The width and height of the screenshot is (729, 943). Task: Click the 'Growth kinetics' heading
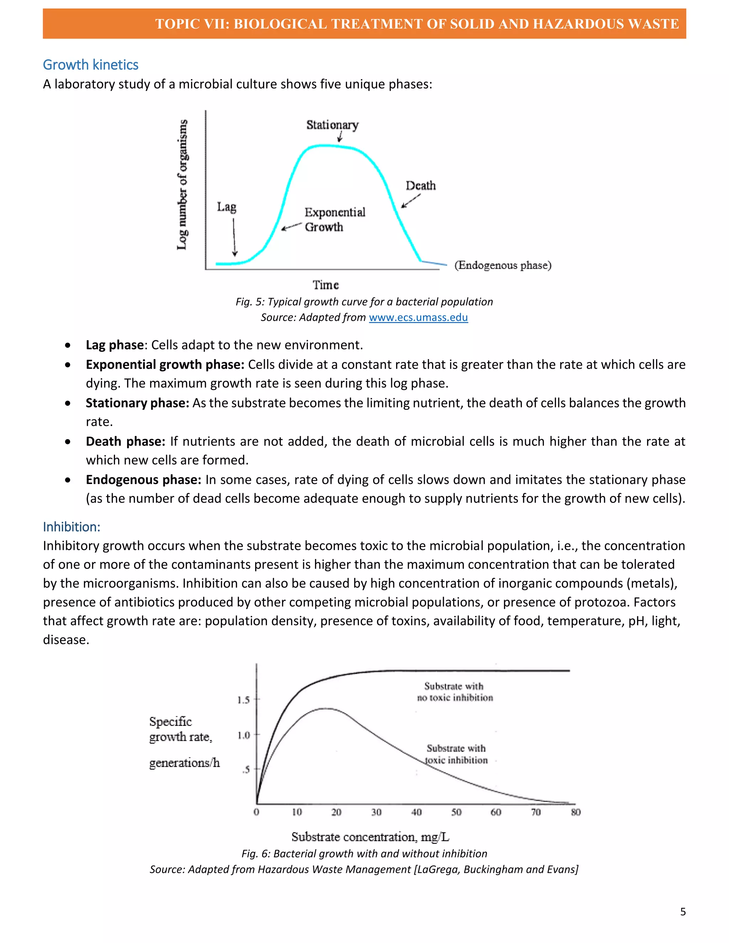click(x=90, y=65)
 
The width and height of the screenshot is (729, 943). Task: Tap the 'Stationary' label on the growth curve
click(x=332, y=125)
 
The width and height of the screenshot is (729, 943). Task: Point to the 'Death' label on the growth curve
click(x=420, y=186)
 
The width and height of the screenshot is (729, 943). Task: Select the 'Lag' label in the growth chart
click(x=226, y=207)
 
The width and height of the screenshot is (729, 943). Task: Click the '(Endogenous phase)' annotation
click(x=503, y=265)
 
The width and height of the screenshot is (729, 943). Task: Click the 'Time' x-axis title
click(x=326, y=285)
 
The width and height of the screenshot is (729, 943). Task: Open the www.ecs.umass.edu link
click(x=418, y=317)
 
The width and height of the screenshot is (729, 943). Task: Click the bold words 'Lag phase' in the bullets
click(x=115, y=345)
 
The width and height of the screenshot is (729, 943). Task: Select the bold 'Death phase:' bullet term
click(x=125, y=441)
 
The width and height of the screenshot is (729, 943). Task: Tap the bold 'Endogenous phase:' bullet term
click(x=143, y=480)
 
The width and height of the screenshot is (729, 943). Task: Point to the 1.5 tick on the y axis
click(x=243, y=700)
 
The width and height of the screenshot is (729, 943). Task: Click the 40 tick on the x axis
click(x=416, y=812)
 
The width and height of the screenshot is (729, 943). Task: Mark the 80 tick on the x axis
click(x=576, y=812)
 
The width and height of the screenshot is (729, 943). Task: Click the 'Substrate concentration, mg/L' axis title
click(x=370, y=837)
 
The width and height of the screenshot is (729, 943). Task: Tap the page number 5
click(x=683, y=911)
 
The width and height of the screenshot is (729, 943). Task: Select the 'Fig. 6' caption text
click(x=364, y=854)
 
